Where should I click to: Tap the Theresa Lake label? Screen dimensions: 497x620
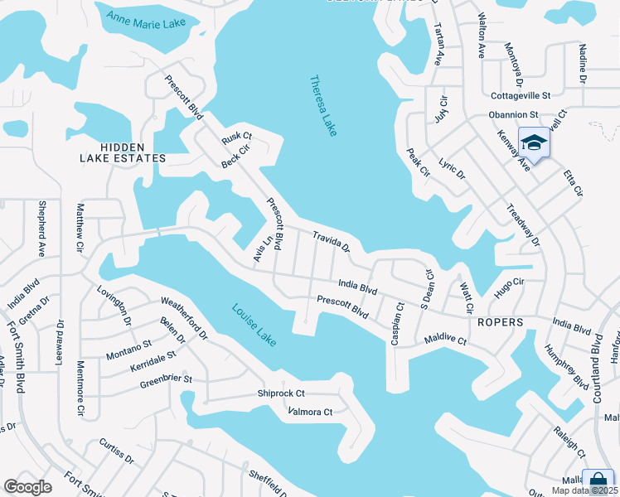322,105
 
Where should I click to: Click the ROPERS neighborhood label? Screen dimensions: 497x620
500,322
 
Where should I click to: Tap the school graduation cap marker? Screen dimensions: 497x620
535,142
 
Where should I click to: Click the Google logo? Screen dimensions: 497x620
28,487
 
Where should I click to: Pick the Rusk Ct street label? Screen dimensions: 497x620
236,141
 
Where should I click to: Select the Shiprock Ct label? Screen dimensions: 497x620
281,393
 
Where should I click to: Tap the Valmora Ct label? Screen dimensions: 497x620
309,412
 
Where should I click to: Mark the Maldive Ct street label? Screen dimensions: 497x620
445,340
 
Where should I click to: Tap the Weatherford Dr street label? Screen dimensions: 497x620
183,311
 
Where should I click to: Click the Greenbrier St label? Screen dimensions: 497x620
166,380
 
